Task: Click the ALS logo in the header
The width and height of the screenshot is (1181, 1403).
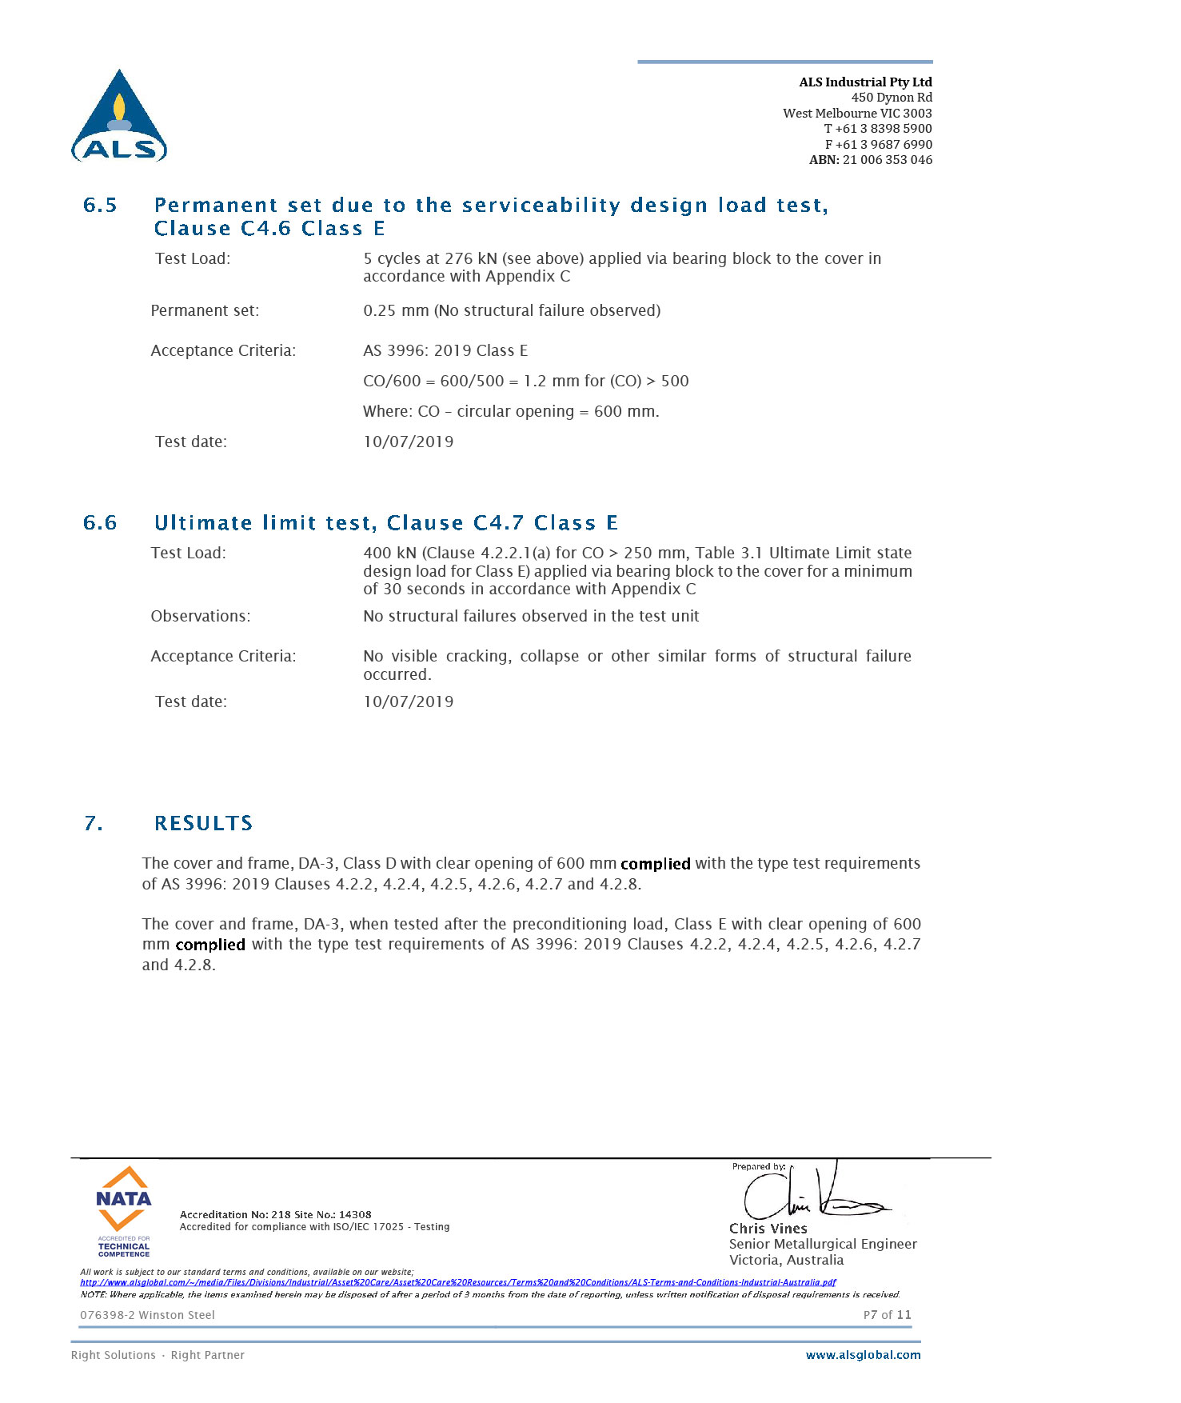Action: point(119,117)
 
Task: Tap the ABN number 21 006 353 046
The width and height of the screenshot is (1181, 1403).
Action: point(887,160)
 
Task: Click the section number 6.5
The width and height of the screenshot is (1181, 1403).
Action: point(100,206)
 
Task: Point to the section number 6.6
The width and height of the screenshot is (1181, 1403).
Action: point(100,523)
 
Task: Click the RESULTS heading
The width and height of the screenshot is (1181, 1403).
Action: point(203,824)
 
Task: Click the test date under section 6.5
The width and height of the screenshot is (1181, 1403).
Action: point(408,442)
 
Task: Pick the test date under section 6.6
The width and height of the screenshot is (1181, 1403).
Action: point(408,701)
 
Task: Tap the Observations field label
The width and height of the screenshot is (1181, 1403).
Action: point(200,616)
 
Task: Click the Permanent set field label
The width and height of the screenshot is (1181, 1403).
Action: point(205,310)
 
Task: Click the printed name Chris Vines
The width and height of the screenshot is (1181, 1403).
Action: point(768,1229)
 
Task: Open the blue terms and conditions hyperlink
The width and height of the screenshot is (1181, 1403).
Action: point(457,1282)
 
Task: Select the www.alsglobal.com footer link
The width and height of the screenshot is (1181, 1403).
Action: point(863,1355)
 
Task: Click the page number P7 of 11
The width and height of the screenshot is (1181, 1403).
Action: point(887,1315)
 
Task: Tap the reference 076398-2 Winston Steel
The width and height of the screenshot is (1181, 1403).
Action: point(147,1315)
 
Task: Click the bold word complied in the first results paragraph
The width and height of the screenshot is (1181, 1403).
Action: point(655,864)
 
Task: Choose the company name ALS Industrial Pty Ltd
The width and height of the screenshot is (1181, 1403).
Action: point(865,82)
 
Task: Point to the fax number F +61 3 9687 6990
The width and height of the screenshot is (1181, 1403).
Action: point(878,145)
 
